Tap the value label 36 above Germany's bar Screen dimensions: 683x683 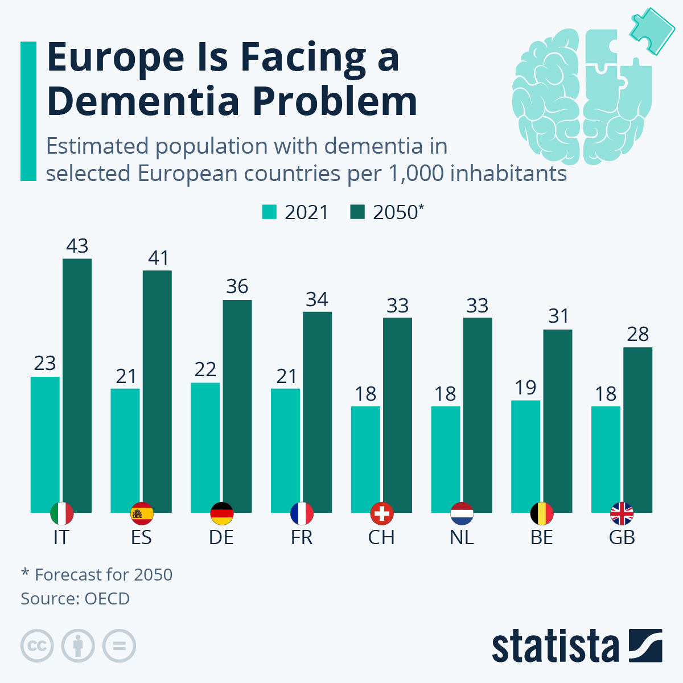point(237,286)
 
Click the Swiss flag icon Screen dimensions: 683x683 point(382,514)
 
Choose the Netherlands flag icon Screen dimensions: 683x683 point(462,514)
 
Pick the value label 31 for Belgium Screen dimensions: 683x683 point(558,316)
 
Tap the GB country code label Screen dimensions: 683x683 point(622,537)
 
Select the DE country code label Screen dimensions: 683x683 point(221,537)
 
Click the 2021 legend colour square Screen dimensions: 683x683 point(269,212)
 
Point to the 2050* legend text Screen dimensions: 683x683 point(398,212)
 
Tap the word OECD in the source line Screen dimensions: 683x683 point(107,599)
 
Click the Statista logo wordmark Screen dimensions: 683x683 point(555,647)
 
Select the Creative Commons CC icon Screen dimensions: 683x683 point(37,646)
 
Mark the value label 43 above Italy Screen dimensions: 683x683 point(77,246)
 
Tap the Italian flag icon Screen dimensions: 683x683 point(61,514)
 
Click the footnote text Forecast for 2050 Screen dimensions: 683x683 point(103,575)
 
